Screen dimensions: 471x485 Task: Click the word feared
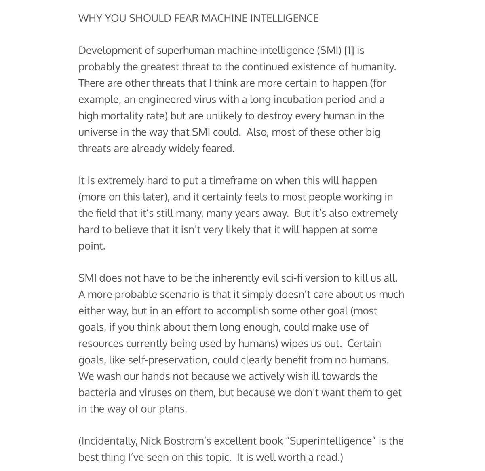point(220,149)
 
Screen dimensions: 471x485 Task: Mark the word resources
point(101,344)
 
